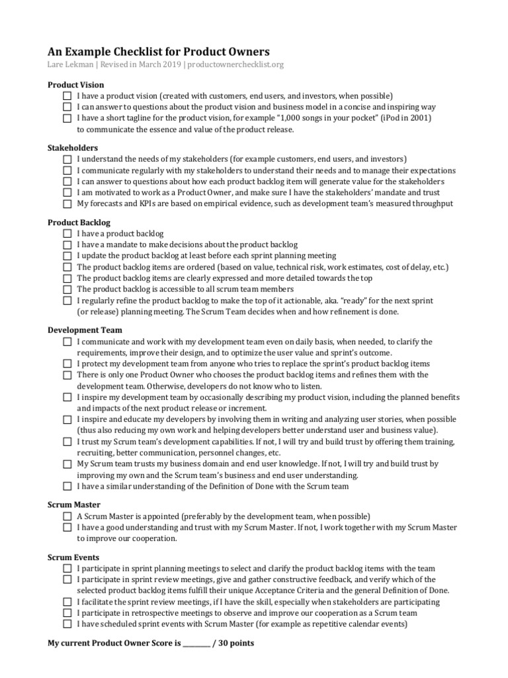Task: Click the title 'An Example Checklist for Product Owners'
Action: coord(159,52)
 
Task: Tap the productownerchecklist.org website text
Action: coord(236,65)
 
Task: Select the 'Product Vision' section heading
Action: coord(75,85)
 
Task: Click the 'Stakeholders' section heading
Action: coord(73,148)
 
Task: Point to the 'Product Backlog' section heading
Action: coord(79,222)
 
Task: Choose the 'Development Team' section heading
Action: coord(85,330)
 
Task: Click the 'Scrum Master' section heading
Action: coord(74,505)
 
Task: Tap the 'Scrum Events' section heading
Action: coord(74,557)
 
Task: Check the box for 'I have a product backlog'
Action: coord(67,234)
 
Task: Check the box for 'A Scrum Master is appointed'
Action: coord(67,516)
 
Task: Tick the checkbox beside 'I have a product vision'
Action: coord(67,96)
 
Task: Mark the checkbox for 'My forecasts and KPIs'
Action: coord(67,204)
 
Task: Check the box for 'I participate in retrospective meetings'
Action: coord(67,613)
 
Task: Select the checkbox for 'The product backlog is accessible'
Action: coord(67,289)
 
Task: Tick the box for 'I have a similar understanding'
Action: coord(67,487)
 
